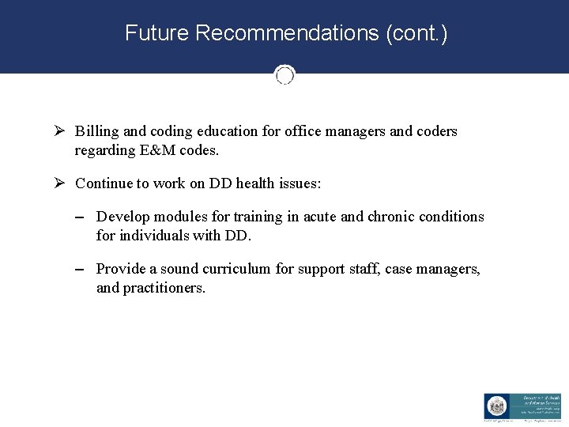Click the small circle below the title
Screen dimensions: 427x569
(284, 75)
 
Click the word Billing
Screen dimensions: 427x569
(96, 131)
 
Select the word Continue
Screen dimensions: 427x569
(104, 183)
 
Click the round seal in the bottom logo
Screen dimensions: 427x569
(496, 406)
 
